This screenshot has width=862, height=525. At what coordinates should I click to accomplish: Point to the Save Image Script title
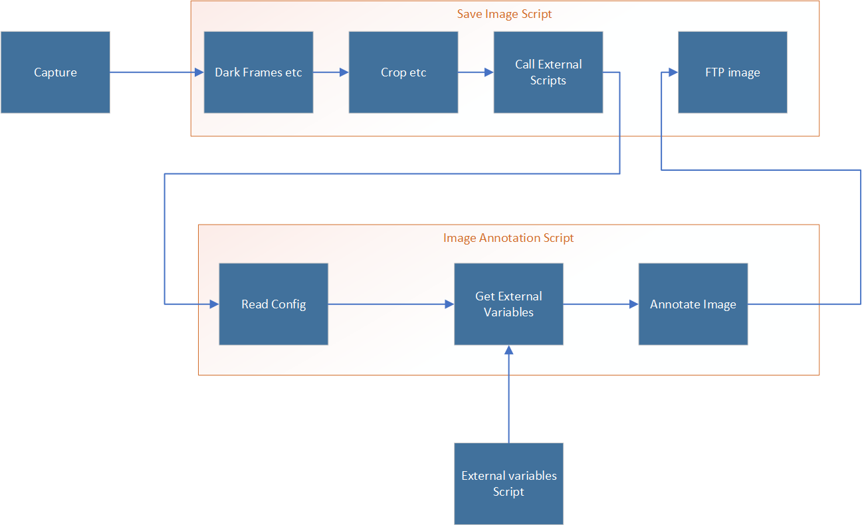(504, 14)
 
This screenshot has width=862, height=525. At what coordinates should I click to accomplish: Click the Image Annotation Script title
(508, 238)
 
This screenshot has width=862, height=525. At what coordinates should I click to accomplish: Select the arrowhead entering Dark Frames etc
(199, 72)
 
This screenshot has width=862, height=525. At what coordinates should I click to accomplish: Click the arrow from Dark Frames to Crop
(330, 72)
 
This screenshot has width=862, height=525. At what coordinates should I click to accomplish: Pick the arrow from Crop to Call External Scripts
(475, 72)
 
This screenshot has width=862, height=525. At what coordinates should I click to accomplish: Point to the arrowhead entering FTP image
(673, 72)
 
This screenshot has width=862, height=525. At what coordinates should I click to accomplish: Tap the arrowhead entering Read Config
(214, 304)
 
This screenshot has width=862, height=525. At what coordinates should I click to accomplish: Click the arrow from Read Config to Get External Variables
(391, 304)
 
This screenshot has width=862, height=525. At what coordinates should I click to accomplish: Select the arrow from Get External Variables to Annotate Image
(600, 304)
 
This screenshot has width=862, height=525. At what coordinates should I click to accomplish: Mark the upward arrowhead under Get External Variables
(508, 351)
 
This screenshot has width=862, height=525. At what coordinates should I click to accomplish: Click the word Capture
(55, 72)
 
